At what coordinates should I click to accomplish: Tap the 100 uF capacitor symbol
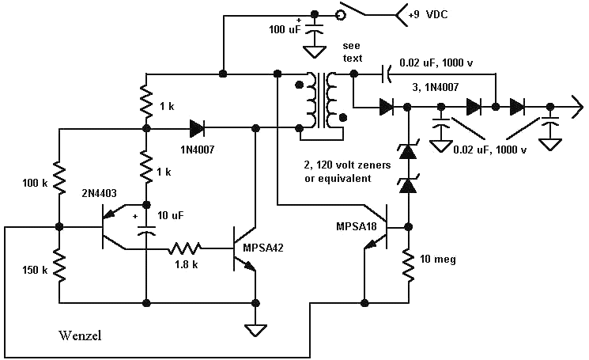click(x=315, y=31)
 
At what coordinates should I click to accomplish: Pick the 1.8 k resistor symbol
click(x=184, y=248)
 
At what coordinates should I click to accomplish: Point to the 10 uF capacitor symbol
click(x=147, y=230)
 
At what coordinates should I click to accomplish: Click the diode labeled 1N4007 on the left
click(x=195, y=127)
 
